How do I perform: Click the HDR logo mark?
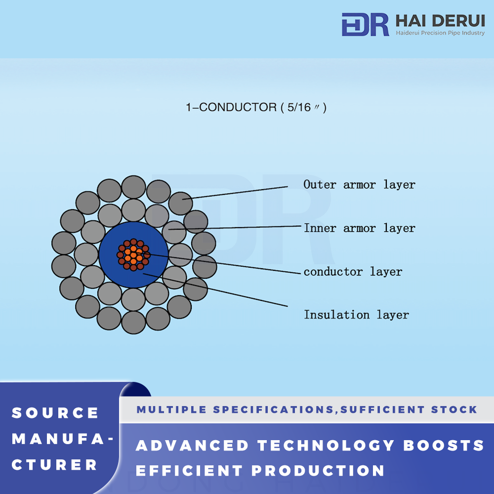click(x=365, y=24)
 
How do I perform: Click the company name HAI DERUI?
click(x=440, y=21)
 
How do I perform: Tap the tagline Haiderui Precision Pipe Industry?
click(x=440, y=33)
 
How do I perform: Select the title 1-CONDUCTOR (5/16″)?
click(x=256, y=107)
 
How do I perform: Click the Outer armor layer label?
click(x=359, y=185)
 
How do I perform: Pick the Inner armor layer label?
click(x=360, y=228)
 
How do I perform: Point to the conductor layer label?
click(x=353, y=272)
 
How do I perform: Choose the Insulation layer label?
click(x=356, y=315)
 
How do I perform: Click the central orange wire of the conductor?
click(x=133, y=255)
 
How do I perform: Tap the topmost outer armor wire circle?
click(x=133, y=187)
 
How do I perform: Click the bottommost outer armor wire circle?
click(x=133, y=322)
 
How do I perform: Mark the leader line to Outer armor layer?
click(x=235, y=193)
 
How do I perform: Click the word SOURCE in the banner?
click(x=55, y=413)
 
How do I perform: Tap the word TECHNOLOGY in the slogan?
click(x=326, y=446)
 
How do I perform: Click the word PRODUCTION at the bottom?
click(x=318, y=471)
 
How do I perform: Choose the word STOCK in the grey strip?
click(x=454, y=410)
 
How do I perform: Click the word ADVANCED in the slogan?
click(x=193, y=446)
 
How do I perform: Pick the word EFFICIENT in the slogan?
click(x=189, y=471)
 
